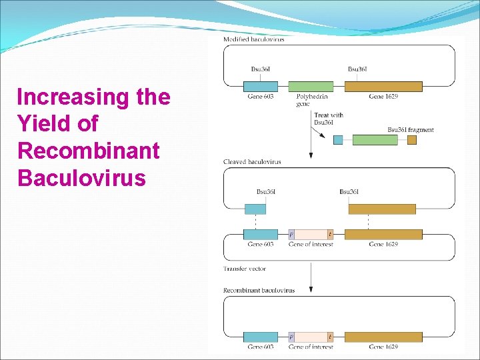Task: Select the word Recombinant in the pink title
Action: click(89, 151)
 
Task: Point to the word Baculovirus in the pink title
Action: click(81, 178)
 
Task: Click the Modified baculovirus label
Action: click(253, 39)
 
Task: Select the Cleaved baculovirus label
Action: click(252, 162)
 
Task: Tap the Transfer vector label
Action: click(245, 269)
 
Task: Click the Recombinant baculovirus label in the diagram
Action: click(259, 291)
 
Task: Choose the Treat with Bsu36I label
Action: click(328, 118)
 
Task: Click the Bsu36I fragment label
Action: click(410, 129)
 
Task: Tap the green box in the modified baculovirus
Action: click(311, 86)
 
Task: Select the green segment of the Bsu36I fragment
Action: click(375, 140)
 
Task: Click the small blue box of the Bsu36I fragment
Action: click(338, 140)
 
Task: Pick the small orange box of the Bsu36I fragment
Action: click(411, 140)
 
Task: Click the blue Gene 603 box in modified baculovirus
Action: click(260, 86)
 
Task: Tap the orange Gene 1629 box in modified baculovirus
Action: click(383, 86)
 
